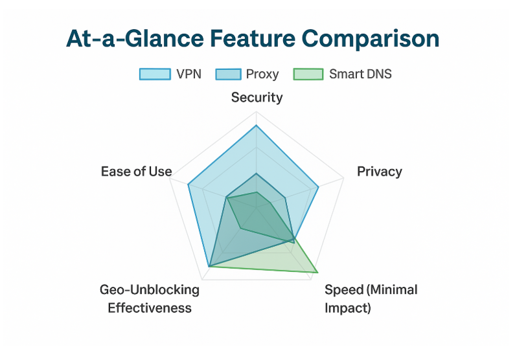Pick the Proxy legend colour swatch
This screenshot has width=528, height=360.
[x=227, y=74]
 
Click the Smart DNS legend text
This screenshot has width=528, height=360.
[x=360, y=74]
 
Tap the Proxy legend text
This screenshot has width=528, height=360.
[x=262, y=74]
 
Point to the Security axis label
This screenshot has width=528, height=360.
[x=257, y=98]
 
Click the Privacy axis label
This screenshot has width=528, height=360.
[x=380, y=172]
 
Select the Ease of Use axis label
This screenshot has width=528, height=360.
[x=137, y=172]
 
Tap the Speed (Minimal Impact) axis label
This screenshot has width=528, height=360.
[x=371, y=298]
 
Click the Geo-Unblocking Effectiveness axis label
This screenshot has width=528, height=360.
[x=150, y=298]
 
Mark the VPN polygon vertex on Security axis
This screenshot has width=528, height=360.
[x=257, y=125]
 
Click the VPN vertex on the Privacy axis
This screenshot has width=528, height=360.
[x=319, y=187]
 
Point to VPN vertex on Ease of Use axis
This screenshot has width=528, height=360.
[x=188, y=185]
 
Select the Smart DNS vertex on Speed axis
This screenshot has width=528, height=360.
[x=317, y=273]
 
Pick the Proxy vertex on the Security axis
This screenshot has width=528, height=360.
[x=257, y=174]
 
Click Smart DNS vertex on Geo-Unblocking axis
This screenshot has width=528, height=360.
[x=241, y=228]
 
